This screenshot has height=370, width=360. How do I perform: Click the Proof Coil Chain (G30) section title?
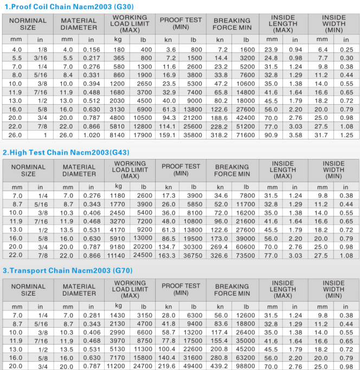tap(68, 7)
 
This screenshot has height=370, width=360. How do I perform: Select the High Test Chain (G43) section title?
tap(64, 152)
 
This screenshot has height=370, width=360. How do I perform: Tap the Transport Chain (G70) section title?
tap(67, 270)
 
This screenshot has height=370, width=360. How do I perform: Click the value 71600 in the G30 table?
tap(246, 135)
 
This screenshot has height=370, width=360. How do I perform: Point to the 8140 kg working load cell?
tap(118, 135)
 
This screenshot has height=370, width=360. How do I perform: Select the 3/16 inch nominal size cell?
tap(40, 58)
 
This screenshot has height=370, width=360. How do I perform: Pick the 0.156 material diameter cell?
tap(91, 49)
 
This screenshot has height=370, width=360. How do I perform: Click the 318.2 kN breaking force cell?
tap(220, 135)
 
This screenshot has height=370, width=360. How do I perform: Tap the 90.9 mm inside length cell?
tap(271, 135)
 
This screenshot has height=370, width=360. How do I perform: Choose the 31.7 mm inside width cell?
tap(321, 135)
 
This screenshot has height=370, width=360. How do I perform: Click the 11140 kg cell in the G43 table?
tap(117, 255)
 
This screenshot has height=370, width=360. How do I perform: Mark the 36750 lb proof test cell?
tap(192, 255)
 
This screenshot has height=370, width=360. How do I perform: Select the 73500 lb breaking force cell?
tap(246, 255)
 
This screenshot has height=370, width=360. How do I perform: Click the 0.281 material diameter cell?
tap(91, 315)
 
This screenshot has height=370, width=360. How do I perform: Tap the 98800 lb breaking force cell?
tap(246, 366)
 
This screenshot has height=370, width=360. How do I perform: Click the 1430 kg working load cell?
tap(118, 315)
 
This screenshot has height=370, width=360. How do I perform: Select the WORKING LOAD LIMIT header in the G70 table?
tap(130, 289)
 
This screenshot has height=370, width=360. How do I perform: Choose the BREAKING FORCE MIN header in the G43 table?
tap(232, 170)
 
